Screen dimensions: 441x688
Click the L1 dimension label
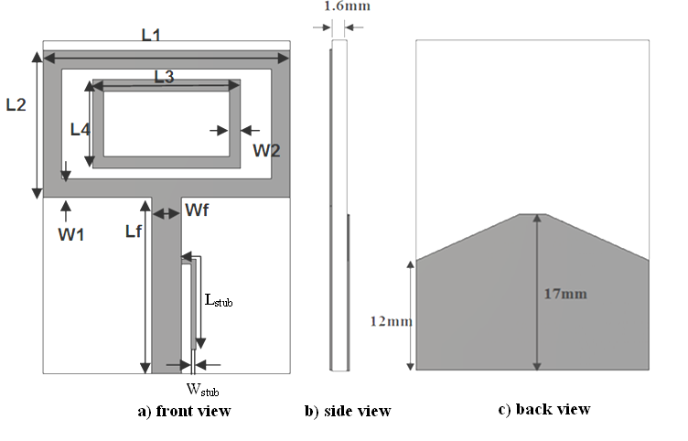click(151, 36)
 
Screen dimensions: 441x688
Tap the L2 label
click(16, 104)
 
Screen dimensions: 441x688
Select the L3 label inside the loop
click(164, 77)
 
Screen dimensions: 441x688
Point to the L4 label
click(81, 129)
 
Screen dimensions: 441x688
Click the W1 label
click(71, 233)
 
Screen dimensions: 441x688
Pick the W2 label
click(266, 149)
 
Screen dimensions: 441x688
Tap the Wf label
click(197, 211)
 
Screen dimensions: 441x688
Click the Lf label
click(134, 231)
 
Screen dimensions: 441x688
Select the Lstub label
click(218, 299)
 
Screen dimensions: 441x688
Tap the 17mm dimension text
click(564, 294)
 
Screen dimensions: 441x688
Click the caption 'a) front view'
click(184, 411)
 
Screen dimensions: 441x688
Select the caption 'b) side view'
click(348, 411)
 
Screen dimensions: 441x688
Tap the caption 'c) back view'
click(544, 409)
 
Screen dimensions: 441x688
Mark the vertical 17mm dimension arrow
click(538, 292)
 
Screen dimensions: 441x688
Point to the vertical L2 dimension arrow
click(37, 124)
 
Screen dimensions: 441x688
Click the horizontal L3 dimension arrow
click(164, 87)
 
